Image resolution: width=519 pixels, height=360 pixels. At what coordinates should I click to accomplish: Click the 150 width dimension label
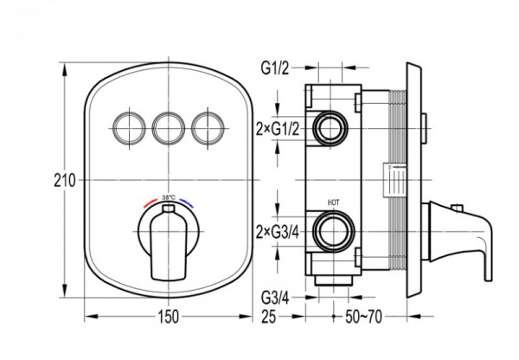[168, 317]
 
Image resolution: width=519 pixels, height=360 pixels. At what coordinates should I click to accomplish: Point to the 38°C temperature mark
[168, 196]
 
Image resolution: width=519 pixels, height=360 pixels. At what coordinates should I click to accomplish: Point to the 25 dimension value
[272, 317]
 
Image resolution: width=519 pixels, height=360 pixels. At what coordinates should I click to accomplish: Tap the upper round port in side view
[329, 129]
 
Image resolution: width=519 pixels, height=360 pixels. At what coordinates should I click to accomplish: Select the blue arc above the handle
[185, 204]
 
